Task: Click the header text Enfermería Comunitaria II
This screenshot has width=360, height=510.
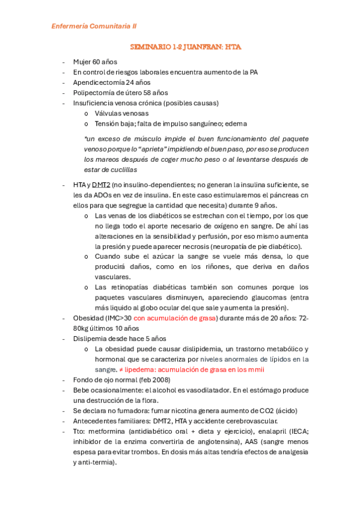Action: [94, 26]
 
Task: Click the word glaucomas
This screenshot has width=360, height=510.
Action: [267, 297]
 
